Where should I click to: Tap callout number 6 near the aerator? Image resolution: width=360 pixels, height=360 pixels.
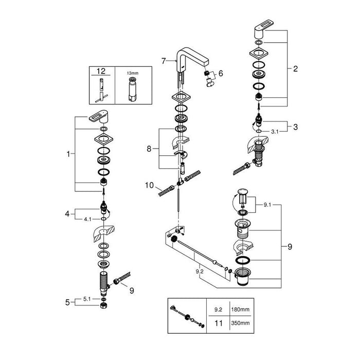tap(221, 74)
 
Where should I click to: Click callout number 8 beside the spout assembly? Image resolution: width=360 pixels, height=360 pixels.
tap(150, 148)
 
